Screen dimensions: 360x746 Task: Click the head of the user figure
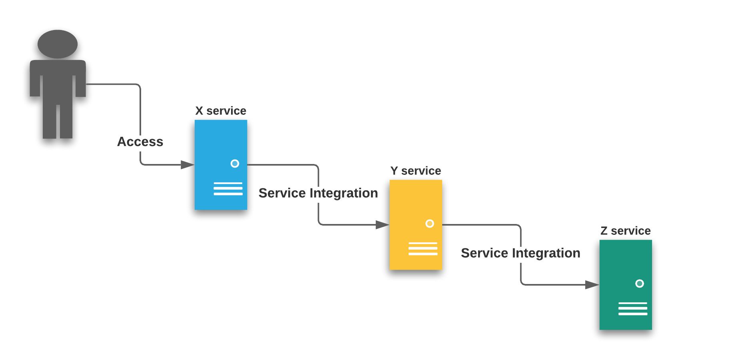(x=58, y=44)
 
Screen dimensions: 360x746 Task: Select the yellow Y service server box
(x=415, y=204)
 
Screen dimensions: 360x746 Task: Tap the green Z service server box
(x=625, y=264)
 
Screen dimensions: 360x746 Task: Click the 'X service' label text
(x=221, y=111)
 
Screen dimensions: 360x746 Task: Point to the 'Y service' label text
(x=415, y=171)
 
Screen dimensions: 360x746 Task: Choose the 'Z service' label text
(x=625, y=231)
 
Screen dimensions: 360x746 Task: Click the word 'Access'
(x=140, y=142)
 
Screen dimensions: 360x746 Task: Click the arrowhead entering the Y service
(x=382, y=225)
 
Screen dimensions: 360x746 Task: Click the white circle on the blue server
(x=235, y=164)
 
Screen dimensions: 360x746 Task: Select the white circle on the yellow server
(x=430, y=224)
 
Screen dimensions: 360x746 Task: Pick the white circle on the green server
(x=640, y=284)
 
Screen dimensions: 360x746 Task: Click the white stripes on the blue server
(x=228, y=189)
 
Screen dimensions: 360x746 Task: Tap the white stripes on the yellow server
(x=423, y=249)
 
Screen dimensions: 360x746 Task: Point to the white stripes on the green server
(x=633, y=309)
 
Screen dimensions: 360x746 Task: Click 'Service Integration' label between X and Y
(x=318, y=193)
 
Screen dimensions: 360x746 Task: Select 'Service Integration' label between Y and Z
(x=521, y=253)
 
